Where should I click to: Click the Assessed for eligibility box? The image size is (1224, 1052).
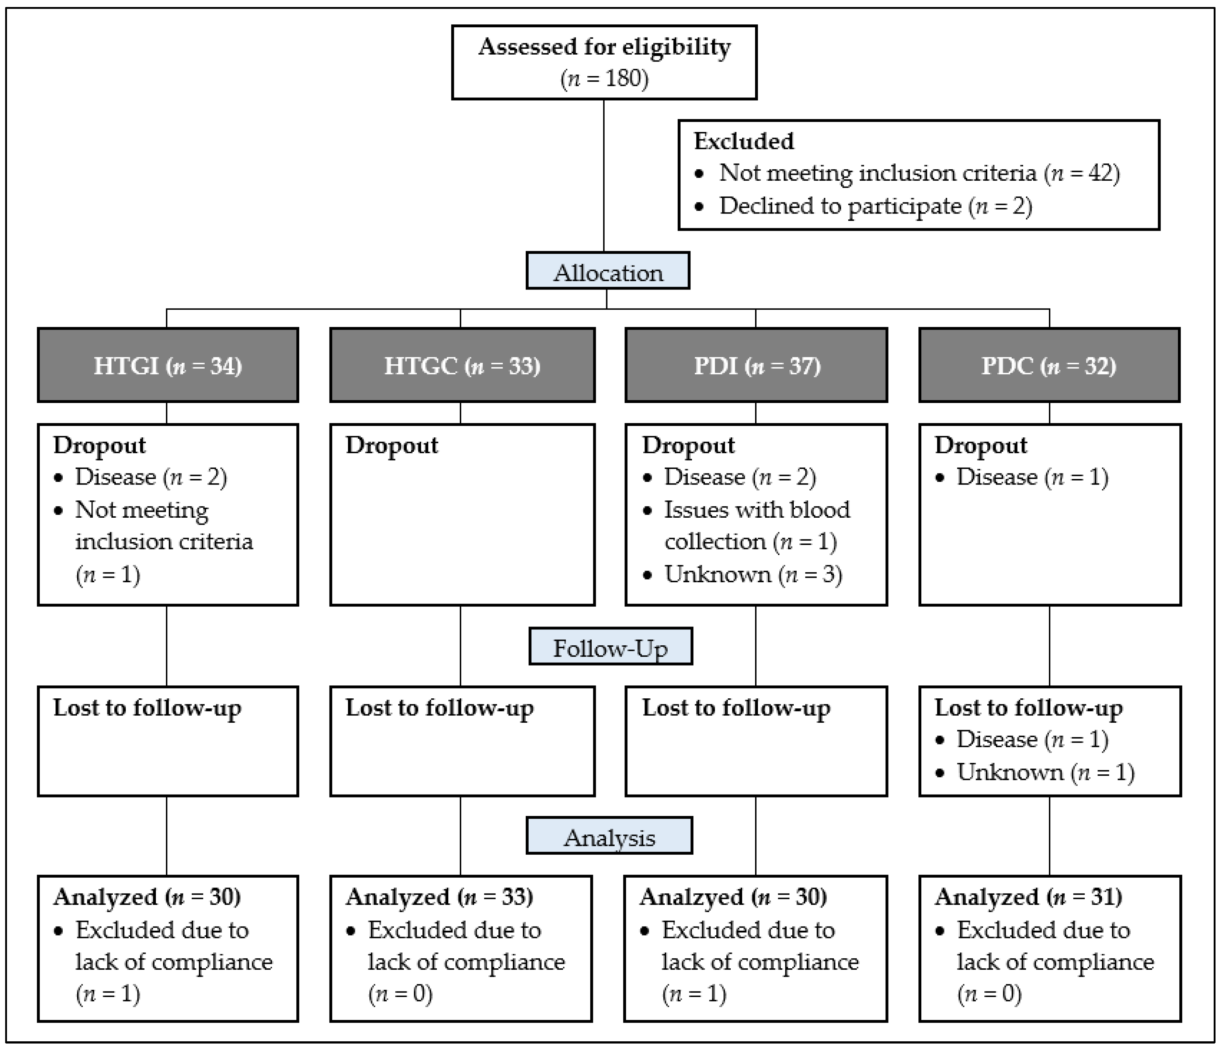(604, 62)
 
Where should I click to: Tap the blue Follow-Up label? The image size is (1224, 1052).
(610, 647)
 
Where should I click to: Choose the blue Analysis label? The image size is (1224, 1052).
(609, 837)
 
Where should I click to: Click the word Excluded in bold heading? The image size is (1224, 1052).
(743, 141)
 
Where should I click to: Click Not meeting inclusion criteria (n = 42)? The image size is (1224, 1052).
(919, 173)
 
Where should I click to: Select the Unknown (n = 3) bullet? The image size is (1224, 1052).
(752, 574)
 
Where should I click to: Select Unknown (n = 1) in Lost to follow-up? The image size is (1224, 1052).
(1044, 772)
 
